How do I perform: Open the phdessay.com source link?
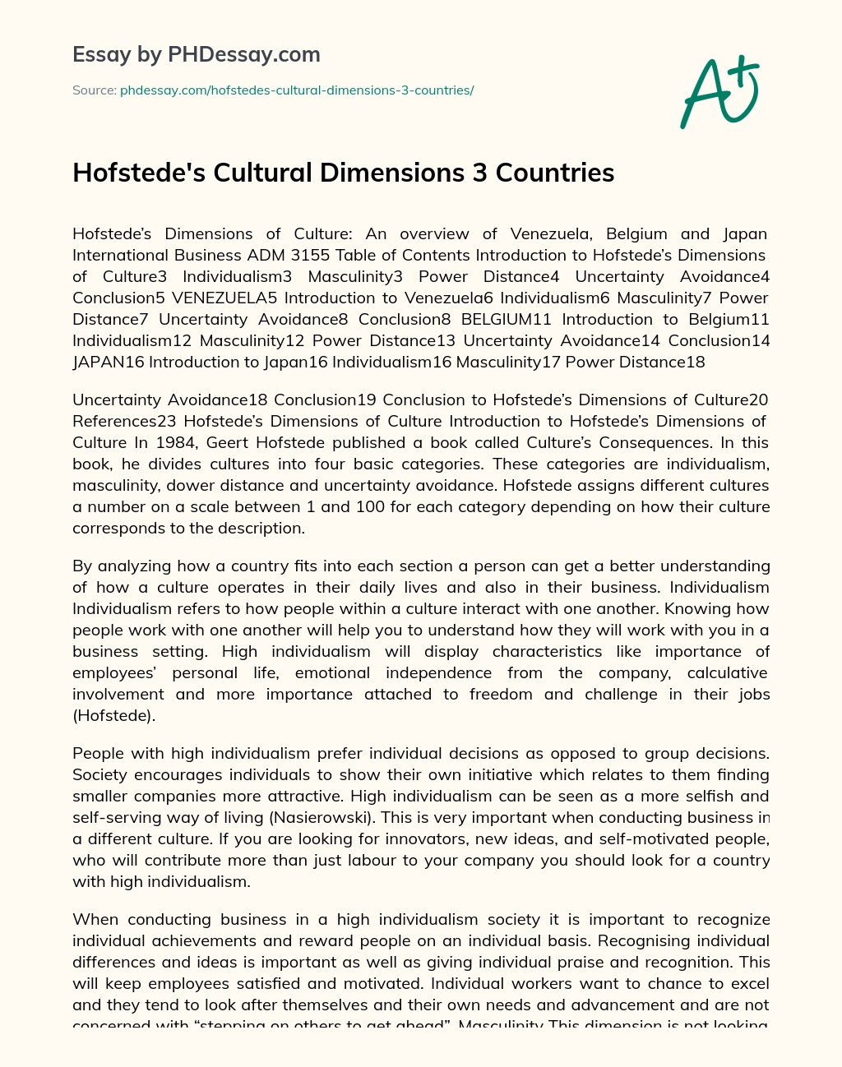297,90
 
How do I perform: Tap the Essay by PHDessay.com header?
197,55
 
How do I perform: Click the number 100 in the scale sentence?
371,506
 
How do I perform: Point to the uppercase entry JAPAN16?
108,362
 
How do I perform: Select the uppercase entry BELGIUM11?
502,319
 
